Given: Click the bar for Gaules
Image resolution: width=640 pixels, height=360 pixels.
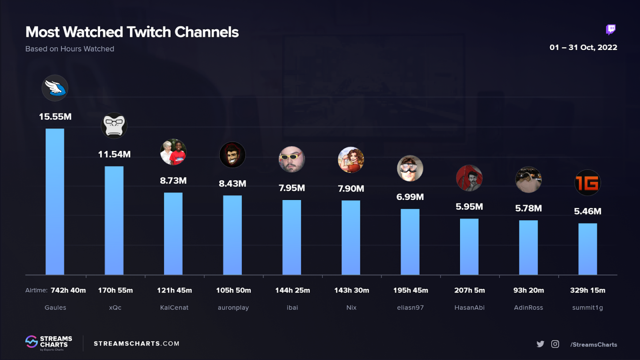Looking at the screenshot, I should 55,202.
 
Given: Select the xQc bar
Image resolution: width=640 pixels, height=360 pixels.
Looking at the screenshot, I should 114,220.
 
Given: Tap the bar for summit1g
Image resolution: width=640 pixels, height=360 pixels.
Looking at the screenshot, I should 587,249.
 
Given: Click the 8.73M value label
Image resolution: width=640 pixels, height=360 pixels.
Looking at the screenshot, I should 173,181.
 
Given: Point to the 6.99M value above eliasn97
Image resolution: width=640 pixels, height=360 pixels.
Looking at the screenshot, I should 410,197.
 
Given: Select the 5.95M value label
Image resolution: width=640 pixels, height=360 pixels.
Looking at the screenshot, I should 469,207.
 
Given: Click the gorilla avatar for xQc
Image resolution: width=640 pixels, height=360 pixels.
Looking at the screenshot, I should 114,125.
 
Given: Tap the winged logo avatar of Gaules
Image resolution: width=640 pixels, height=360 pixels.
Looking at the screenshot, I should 55,88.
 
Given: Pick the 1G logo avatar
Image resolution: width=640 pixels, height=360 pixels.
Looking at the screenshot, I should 587,182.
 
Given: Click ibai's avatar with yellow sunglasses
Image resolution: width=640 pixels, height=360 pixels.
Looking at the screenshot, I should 292,159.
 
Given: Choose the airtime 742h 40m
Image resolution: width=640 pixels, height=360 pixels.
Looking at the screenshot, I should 68,290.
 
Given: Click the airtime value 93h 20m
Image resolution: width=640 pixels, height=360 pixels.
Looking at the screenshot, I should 528,290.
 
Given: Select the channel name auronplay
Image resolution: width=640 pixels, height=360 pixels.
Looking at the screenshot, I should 233,307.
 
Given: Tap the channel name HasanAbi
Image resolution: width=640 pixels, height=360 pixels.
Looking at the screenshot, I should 469,307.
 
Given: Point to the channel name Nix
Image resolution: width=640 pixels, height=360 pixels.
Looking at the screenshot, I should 351,307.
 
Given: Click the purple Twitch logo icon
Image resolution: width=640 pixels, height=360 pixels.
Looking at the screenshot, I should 610,30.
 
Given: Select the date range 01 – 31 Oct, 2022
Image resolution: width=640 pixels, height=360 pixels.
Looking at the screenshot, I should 583,47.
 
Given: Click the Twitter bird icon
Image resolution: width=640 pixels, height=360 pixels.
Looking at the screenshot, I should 540,344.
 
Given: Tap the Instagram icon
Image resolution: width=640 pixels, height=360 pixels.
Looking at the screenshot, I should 555,344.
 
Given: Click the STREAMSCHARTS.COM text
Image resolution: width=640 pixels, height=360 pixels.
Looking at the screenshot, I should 136,344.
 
